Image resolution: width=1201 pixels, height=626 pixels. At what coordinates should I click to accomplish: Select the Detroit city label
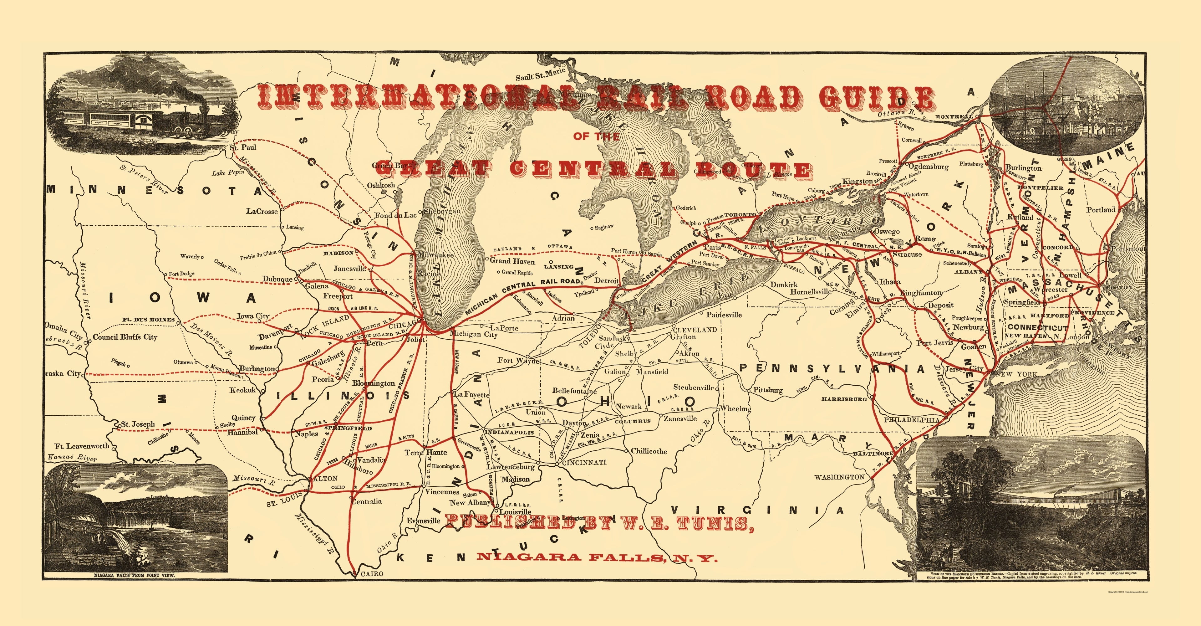(x=606, y=280)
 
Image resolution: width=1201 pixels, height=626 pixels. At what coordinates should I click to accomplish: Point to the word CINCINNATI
(x=584, y=462)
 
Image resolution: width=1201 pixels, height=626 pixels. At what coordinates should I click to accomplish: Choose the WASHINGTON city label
(x=839, y=477)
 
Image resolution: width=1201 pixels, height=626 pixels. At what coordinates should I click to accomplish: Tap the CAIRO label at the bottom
(x=372, y=574)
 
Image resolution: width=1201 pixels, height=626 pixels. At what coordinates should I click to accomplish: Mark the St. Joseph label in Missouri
(x=138, y=424)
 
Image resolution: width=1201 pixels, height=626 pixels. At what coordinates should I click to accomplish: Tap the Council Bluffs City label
(x=125, y=337)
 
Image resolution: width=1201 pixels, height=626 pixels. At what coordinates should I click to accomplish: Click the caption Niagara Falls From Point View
(x=134, y=576)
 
